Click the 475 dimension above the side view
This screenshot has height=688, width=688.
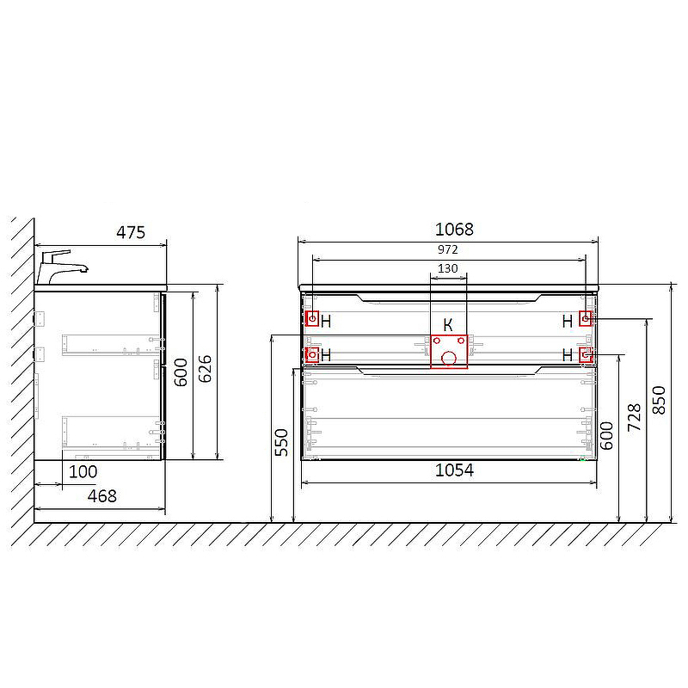(131, 232)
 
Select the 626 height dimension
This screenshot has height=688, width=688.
(205, 369)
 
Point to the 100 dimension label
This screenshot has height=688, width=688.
(83, 471)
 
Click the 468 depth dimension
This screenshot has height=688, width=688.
(101, 496)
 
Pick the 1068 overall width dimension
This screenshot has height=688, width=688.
(454, 229)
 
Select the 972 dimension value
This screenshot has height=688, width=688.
(447, 249)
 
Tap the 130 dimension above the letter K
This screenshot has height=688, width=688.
(447, 268)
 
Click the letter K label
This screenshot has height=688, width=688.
(447, 325)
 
